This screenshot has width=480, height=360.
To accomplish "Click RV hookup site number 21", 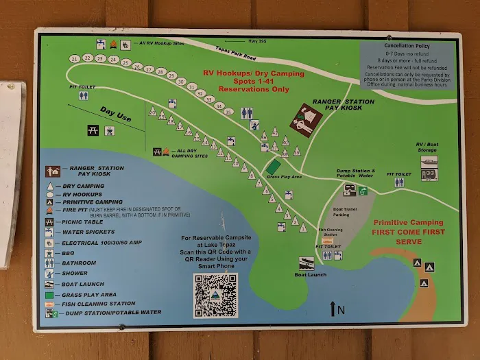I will coord(74,60).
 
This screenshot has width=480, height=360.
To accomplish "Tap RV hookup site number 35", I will coord(219,106).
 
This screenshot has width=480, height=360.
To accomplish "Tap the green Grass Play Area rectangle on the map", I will coord(273,167).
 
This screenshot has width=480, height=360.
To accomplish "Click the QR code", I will coord(215,296).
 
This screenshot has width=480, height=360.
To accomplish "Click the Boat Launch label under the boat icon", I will coord(310,274).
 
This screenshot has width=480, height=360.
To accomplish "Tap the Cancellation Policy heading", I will coord(407,45).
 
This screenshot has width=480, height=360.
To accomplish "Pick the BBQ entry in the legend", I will coord(71,253).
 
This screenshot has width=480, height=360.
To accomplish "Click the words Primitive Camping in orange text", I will coord(407,222).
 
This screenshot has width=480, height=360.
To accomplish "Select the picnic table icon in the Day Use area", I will coord(91,130).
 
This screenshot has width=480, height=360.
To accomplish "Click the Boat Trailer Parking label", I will coord(346,212).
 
